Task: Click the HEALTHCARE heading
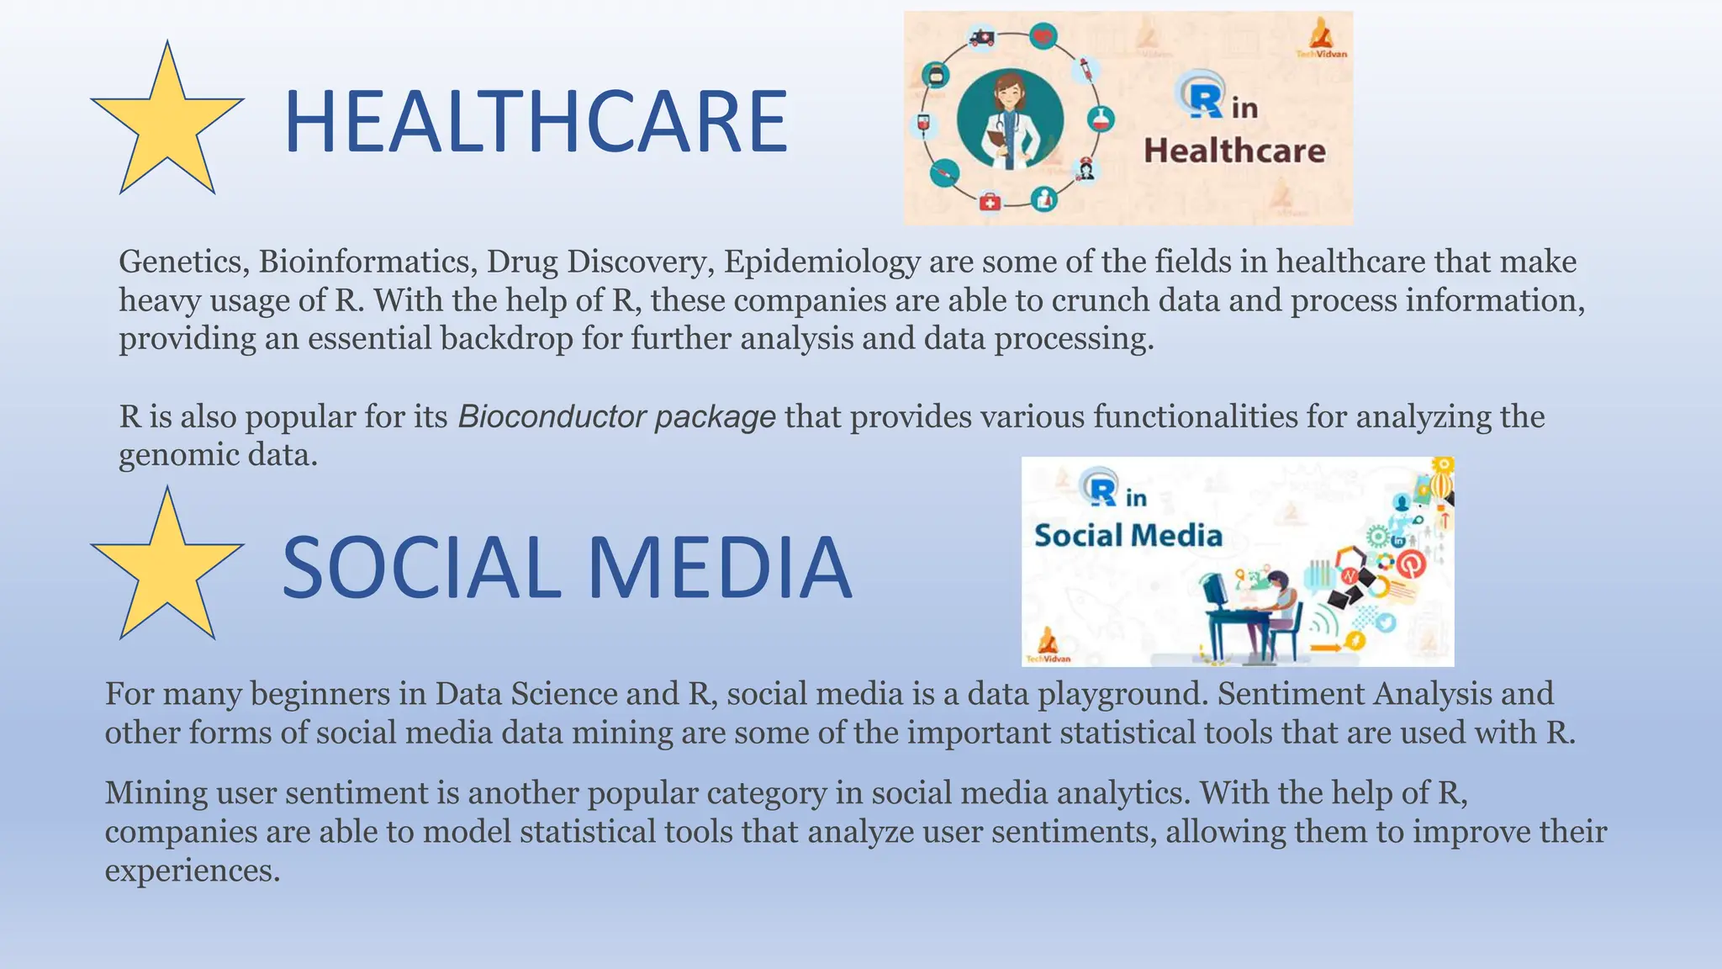(536, 123)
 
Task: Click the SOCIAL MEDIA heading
(567, 569)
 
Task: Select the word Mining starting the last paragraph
(156, 794)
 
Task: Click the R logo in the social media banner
(1101, 489)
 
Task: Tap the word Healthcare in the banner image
(1234, 151)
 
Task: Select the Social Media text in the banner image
(1128, 536)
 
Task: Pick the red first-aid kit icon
(990, 202)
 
